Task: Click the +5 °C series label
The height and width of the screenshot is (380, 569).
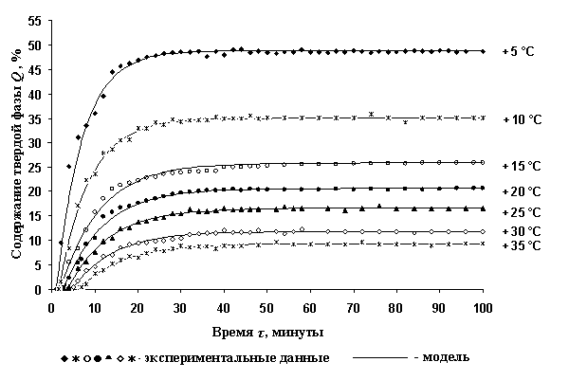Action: (x=519, y=51)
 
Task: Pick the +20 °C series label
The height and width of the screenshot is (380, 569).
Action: (x=521, y=190)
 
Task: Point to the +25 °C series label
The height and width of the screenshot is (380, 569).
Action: (x=521, y=212)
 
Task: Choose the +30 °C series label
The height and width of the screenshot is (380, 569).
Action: (x=521, y=231)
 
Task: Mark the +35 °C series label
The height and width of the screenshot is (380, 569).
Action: (x=521, y=246)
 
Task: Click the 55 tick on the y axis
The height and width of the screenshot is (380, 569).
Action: (x=33, y=21)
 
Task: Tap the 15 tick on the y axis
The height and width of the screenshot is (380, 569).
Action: (x=33, y=216)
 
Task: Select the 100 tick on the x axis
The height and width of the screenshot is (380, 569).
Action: (x=484, y=308)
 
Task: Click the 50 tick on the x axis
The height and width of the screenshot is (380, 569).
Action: (x=267, y=308)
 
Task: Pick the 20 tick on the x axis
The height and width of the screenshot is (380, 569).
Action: (x=138, y=308)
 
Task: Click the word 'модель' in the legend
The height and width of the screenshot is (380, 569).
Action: (x=445, y=358)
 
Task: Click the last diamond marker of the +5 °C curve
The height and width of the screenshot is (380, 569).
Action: (x=483, y=50)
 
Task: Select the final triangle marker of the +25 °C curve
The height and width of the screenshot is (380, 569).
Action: (x=483, y=208)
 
